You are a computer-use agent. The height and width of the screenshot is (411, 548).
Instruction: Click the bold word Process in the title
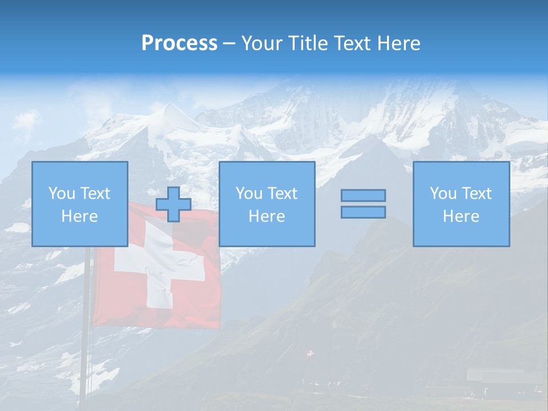pyautogui.click(x=179, y=43)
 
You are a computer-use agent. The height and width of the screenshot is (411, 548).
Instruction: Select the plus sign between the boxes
pyautogui.click(x=174, y=204)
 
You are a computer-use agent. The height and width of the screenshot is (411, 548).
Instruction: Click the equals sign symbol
pyautogui.click(x=363, y=204)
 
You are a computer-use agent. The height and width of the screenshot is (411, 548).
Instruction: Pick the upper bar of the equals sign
pyautogui.click(x=363, y=196)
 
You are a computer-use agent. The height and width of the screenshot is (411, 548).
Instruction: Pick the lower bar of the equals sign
pyautogui.click(x=363, y=212)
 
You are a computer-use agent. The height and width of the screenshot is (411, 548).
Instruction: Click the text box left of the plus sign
pyautogui.click(x=80, y=204)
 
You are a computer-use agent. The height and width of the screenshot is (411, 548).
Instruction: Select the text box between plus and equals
pyautogui.click(x=267, y=204)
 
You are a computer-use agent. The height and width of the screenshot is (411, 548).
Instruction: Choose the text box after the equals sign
pyautogui.click(x=461, y=204)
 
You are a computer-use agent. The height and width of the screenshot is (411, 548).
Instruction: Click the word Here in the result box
pyautogui.click(x=461, y=216)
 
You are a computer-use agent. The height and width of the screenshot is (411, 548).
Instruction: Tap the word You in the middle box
pyautogui.click(x=249, y=194)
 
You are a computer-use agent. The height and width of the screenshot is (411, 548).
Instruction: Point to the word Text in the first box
pyautogui.click(x=95, y=194)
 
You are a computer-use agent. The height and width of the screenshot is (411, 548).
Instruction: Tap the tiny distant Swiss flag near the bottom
pyautogui.click(x=310, y=354)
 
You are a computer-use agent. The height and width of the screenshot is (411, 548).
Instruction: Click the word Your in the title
pyautogui.click(x=261, y=43)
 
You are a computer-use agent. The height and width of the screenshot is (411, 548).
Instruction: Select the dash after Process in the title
pyautogui.click(x=229, y=44)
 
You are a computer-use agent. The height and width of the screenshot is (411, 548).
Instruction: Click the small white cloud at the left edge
pyautogui.click(x=26, y=120)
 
